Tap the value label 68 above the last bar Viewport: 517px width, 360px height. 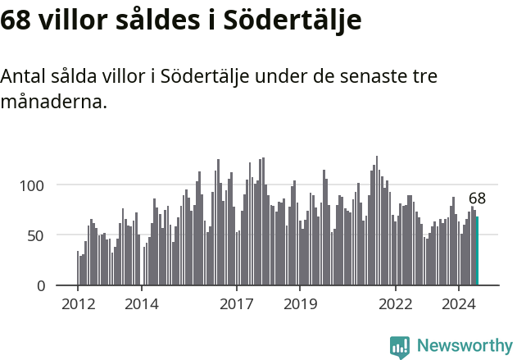[x=477, y=198]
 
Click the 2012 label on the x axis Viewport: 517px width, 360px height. [x=78, y=304]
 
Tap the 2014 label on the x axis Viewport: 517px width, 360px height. [x=142, y=304]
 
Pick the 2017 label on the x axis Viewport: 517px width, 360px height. [x=237, y=304]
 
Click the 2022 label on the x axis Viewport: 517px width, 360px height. [x=396, y=304]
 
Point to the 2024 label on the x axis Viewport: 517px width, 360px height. [x=459, y=304]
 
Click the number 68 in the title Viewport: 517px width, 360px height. [x=16, y=21]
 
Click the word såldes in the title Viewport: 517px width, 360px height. [x=158, y=21]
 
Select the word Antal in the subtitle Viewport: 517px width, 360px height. [x=22, y=77]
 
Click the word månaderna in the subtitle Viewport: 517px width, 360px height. [x=53, y=103]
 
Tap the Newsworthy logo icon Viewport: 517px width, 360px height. [x=399, y=346]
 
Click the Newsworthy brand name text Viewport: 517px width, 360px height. [x=464, y=346]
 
